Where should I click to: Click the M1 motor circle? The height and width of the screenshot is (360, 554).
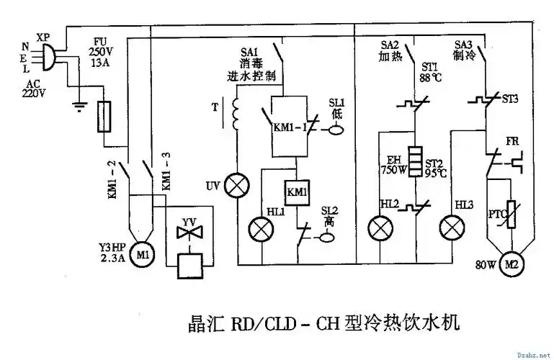pos(143,255)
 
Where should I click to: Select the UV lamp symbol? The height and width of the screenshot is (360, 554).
pos(233,185)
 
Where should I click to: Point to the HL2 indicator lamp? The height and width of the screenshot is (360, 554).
pos(380,229)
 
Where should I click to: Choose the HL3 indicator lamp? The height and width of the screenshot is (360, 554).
pos(452,229)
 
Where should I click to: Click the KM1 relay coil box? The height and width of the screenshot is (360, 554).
pos(297,192)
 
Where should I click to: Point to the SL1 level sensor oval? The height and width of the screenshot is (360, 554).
pos(336,130)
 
